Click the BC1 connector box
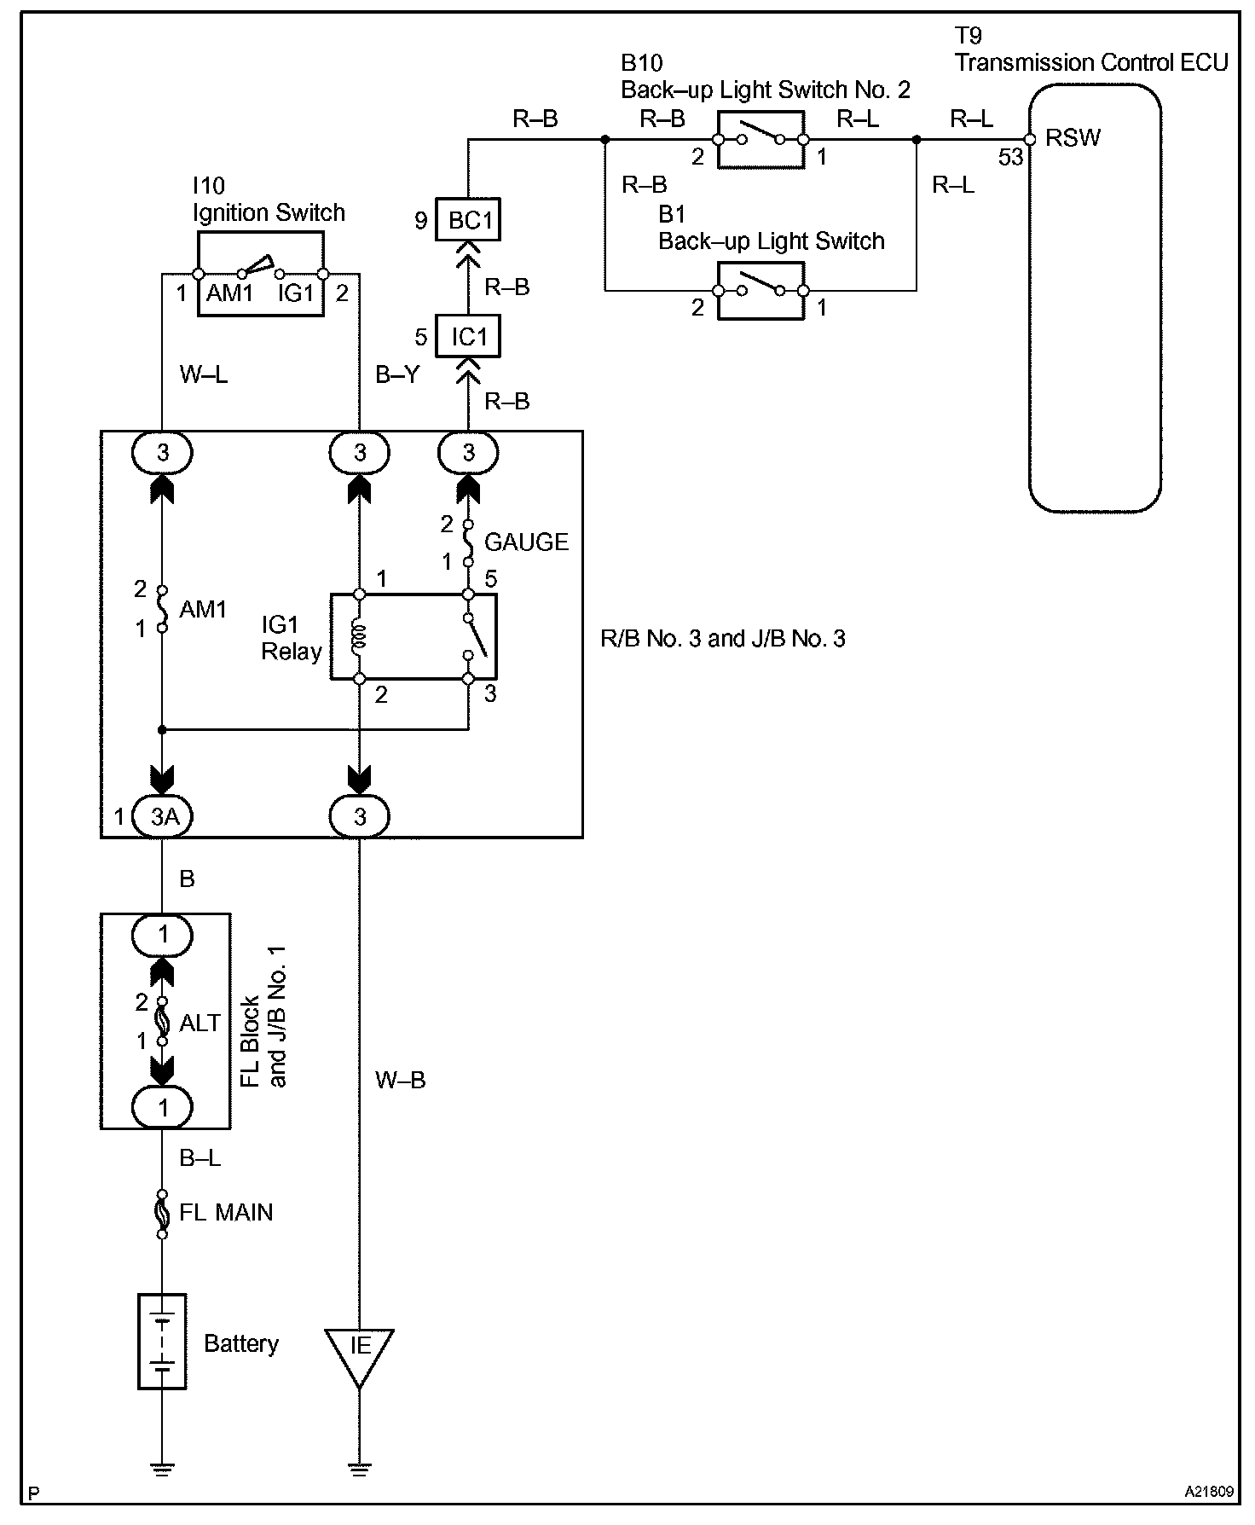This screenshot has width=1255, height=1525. pyautogui.click(x=468, y=220)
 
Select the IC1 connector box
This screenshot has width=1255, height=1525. pyautogui.click(x=468, y=336)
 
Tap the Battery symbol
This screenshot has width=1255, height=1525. pyautogui.click(x=162, y=1342)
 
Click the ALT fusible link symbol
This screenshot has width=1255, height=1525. pyautogui.click(x=162, y=1022)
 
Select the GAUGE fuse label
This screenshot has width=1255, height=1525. pyautogui.click(x=525, y=542)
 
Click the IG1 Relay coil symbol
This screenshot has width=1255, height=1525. pyautogui.click(x=359, y=636)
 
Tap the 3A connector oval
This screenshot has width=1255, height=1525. pyautogui.click(x=163, y=817)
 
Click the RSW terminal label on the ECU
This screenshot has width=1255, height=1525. pyautogui.click(x=1073, y=138)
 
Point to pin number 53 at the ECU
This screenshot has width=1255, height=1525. pyautogui.click(x=1010, y=157)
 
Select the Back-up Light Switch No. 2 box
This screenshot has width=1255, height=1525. pyautogui.click(x=761, y=139)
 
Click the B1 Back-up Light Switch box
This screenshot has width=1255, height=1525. pyautogui.click(x=761, y=291)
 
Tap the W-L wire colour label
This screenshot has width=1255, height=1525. pyautogui.click(x=203, y=374)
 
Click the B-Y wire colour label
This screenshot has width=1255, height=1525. pyautogui.click(x=397, y=374)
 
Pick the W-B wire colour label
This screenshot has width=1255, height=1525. pyautogui.click(x=400, y=1080)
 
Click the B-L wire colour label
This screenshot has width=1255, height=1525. pyautogui.click(x=200, y=1158)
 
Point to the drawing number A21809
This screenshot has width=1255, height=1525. pyautogui.click(x=1208, y=1493)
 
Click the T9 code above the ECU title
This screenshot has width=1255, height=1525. pyautogui.click(x=968, y=36)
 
